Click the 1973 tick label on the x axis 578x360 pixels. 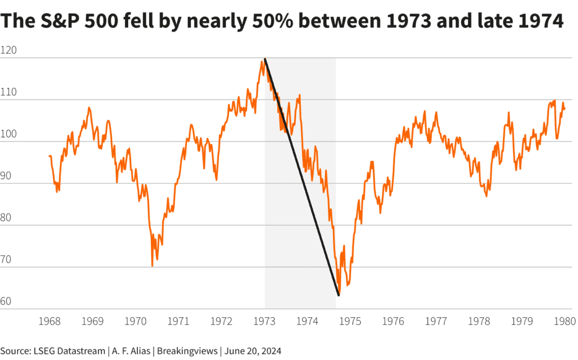[x=264, y=322]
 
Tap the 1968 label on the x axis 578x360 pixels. [x=50, y=322]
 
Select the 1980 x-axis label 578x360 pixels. [x=563, y=322]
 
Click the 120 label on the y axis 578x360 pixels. [x=8, y=51]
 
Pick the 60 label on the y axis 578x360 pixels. [x=6, y=302]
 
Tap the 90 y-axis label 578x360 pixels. [x=6, y=177]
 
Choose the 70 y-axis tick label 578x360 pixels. [x=6, y=260]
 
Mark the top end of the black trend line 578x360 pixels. [x=265, y=59]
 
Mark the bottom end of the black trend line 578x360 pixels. [x=339, y=295]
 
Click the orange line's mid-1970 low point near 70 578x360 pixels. [x=152, y=266]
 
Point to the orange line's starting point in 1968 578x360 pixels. [x=49, y=156]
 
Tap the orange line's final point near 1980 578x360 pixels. [x=564, y=109]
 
